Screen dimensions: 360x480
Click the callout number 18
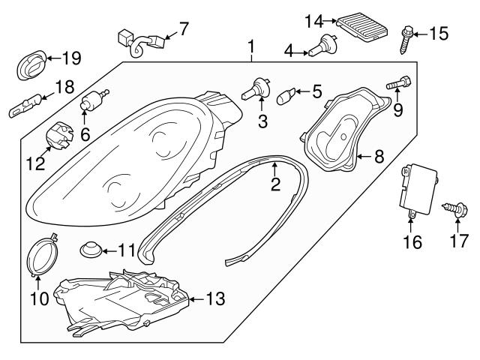point(64,87)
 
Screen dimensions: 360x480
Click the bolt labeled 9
point(397,83)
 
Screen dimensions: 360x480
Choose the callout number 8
point(379,157)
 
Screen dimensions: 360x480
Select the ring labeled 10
point(44,257)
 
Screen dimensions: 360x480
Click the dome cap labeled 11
point(91,249)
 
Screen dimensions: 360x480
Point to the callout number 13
point(214,299)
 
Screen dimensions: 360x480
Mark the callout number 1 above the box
point(251,48)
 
